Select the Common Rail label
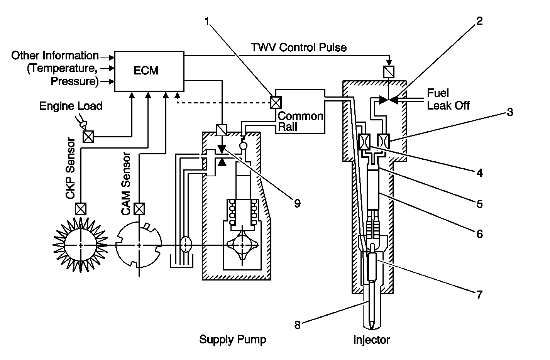point(300,121)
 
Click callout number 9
point(296,203)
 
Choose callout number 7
point(479,294)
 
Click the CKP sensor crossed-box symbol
point(81,209)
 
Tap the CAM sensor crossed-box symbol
point(138,209)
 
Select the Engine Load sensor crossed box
point(88,137)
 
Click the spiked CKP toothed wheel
point(80,245)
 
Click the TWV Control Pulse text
point(299,47)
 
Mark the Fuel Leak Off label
point(448,99)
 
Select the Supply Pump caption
point(232,340)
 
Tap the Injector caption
point(371,340)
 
